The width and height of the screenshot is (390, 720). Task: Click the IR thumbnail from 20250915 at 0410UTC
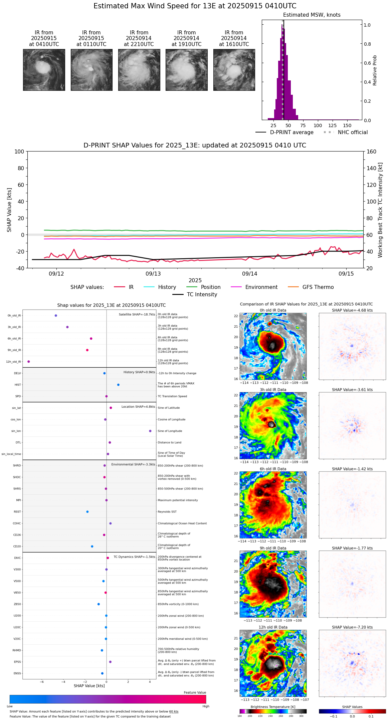coord(44,70)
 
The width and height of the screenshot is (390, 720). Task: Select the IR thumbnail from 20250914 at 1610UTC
coord(234,70)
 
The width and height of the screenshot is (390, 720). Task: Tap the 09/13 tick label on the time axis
coord(153,274)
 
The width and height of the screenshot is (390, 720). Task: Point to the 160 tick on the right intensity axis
coord(371,151)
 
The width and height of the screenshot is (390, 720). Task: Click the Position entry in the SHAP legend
coord(210,287)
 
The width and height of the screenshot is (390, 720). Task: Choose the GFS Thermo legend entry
coord(318,287)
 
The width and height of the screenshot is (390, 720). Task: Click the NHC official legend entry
coord(352,132)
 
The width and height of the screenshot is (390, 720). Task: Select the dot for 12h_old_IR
coord(28,361)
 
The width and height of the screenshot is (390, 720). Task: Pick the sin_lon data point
coord(150,431)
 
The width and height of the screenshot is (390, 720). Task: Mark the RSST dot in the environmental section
coord(87,511)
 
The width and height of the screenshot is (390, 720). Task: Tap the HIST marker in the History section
coord(118,385)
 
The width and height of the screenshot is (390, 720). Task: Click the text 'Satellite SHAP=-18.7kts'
coord(137,314)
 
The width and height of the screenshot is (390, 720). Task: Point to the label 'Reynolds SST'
coord(167,511)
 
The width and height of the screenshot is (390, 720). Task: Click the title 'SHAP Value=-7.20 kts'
coord(352,627)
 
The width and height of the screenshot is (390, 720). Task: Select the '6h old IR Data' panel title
coord(273,469)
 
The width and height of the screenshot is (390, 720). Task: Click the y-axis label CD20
coord(17,546)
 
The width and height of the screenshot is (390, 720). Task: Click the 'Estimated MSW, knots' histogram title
coord(312,15)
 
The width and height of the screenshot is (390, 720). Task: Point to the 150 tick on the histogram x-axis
coord(347,125)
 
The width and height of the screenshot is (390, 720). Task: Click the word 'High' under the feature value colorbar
coord(206,706)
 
